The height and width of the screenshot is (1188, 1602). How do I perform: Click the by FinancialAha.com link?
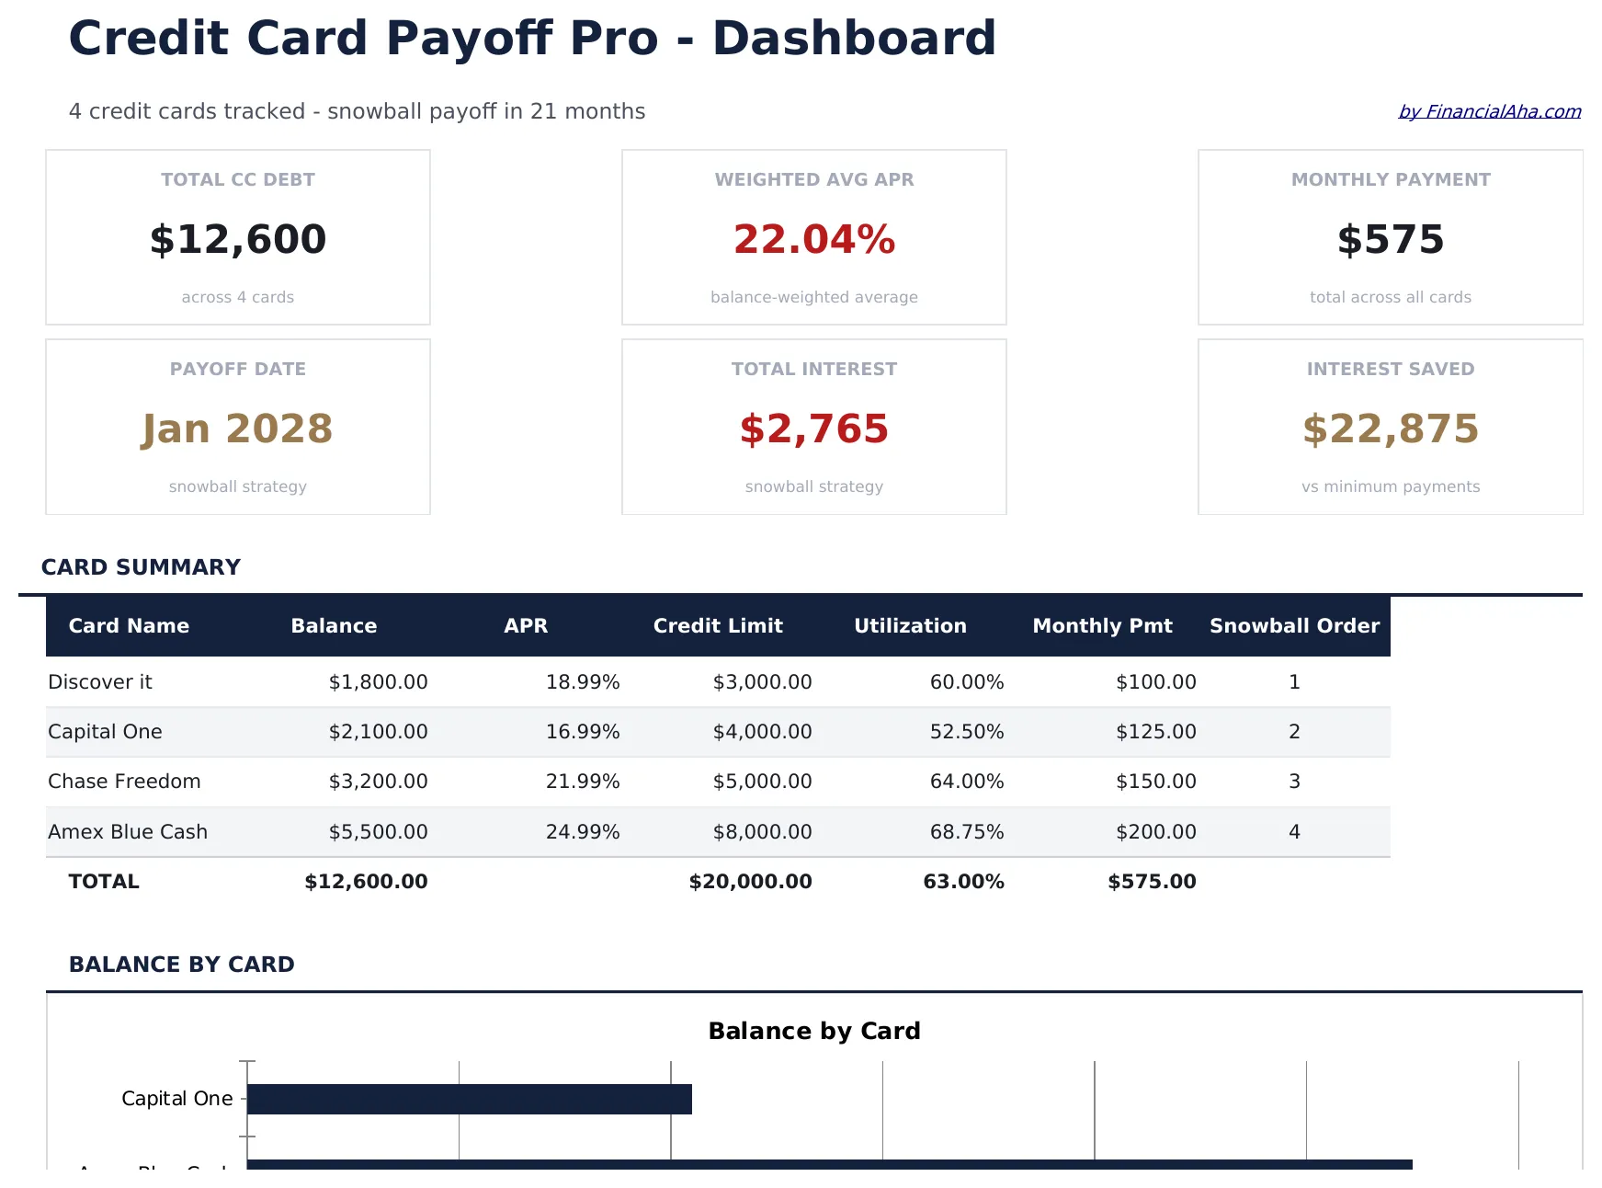coord(1489,111)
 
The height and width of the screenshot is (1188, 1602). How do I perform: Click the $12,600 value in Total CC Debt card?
coord(238,239)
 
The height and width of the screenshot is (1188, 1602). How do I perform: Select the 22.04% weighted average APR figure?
coord(813,239)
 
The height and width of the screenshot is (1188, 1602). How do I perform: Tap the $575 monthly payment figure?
coord(1390,239)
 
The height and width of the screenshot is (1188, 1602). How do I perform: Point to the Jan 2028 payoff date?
coord(238,428)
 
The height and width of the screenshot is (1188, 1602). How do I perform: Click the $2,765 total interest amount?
coord(813,428)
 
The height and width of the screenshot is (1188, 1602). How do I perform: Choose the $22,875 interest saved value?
coord(1390,428)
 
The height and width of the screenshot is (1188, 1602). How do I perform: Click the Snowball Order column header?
coord(1294,625)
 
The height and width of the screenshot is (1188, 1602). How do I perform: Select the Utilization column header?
coord(910,625)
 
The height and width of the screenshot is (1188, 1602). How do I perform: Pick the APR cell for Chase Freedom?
coord(583,781)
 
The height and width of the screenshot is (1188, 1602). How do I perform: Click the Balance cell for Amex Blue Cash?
coord(378,831)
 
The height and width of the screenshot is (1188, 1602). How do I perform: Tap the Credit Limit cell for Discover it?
coord(762,681)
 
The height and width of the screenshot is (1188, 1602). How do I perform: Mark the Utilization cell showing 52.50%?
coord(966,731)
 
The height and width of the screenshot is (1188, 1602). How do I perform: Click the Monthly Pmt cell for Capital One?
coord(1155,731)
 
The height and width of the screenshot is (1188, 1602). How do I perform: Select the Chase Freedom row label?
coord(124,781)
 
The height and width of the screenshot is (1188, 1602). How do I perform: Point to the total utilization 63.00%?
coord(963,881)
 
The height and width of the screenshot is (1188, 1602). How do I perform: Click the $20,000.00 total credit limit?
coord(750,881)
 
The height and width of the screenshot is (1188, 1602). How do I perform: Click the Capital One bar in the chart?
coord(469,1099)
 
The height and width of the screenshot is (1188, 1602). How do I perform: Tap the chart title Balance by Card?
coord(813,1031)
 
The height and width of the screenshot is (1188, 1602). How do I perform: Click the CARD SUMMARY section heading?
coord(141,566)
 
